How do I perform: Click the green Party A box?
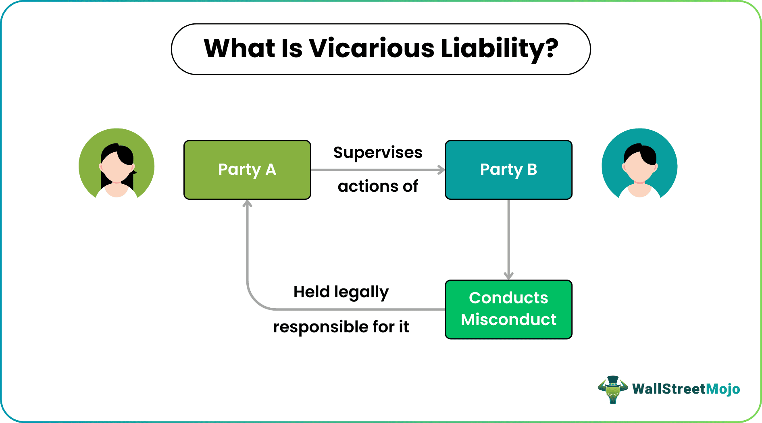point(247,170)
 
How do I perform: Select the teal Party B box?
point(508,170)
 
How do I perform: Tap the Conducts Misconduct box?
point(508,309)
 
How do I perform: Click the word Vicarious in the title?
point(371,48)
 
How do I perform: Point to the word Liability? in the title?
point(499,49)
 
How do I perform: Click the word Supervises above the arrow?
point(378,153)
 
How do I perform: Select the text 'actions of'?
point(378,186)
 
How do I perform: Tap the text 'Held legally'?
point(341,292)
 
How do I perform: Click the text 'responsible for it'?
point(341,327)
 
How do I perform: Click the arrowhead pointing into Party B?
point(441,170)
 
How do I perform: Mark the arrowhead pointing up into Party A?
point(247,204)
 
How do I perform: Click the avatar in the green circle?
point(117,166)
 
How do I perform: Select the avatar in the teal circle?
point(639,166)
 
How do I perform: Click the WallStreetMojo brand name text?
point(686,389)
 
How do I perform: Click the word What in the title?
point(239,48)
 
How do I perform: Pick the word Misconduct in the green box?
point(508,320)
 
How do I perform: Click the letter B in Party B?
point(532,170)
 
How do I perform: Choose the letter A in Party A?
point(271,170)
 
